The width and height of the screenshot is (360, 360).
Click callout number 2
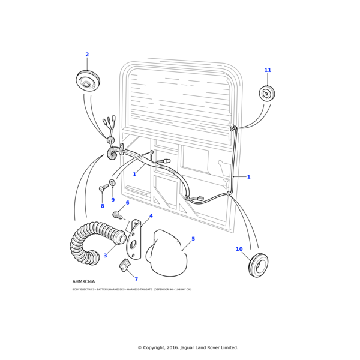[87, 55]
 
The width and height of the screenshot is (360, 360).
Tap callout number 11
[268, 70]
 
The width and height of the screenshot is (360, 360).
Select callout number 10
[239, 249]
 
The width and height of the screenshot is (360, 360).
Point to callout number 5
[193, 239]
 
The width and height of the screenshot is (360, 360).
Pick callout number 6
[127, 203]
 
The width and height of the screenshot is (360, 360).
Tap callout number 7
[136, 279]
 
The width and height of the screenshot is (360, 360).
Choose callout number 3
[105, 256]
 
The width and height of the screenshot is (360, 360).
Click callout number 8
[102, 206]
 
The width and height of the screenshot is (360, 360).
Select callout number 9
[113, 200]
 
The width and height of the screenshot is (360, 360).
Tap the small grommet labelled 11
[267, 94]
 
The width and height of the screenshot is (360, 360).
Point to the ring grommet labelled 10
[258, 265]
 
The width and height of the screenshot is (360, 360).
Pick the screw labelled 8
[103, 188]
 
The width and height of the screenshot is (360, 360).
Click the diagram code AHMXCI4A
[83, 281]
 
